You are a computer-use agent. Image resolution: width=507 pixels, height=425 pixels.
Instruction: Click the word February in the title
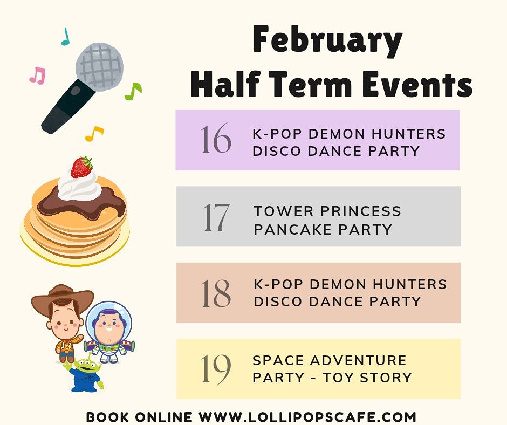(327, 41)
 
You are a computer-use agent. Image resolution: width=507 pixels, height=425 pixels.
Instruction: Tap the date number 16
(216, 139)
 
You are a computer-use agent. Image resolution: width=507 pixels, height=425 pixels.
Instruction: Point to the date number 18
(216, 293)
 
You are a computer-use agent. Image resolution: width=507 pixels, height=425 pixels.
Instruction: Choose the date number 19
(216, 369)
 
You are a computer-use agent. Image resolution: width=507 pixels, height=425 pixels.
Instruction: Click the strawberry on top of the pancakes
(81, 167)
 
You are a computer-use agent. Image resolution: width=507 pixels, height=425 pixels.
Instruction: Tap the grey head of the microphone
(100, 67)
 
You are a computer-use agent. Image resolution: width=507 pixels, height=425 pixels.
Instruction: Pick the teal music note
(66, 37)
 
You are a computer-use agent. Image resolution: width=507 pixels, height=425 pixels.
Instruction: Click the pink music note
(38, 76)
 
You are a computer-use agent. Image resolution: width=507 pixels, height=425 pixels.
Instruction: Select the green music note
(133, 91)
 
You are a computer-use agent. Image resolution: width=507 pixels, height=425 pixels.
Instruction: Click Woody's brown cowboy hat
(63, 299)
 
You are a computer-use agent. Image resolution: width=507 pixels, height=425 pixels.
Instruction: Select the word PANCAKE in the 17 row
(293, 229)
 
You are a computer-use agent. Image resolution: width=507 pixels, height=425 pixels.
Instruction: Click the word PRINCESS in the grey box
(361, 211)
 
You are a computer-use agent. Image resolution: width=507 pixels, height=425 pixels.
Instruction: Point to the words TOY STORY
(368, 378)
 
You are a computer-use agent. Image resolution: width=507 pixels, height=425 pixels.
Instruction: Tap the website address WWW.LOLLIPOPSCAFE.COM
(307, 417)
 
